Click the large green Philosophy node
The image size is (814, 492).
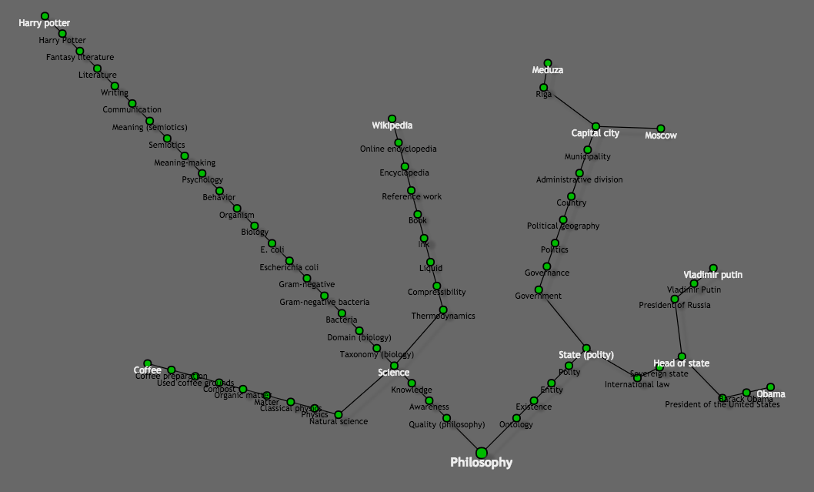(482, 452)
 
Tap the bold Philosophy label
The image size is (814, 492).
(481, 463)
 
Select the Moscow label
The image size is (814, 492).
(661, 136)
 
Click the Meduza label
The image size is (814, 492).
(548, 71)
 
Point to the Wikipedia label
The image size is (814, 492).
(392, 126)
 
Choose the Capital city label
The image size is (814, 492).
(595, 134)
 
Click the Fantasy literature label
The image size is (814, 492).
(80, 58)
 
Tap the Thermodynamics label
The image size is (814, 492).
(443, 316)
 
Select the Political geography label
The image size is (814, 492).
(563, 226)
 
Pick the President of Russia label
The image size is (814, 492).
(675, 306)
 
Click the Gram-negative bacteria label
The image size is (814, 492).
(324, 303)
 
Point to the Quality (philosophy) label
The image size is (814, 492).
(447, 425)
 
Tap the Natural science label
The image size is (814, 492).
(339, 422)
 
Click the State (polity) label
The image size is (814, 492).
(586, 355)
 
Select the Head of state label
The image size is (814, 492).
(682, 363)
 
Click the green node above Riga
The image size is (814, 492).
(548, 63)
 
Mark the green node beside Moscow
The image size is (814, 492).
(661, 129)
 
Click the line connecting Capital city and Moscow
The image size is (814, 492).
(628, 127)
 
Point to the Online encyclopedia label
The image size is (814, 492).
(399, 149)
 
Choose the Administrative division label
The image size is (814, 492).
(579, 180)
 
